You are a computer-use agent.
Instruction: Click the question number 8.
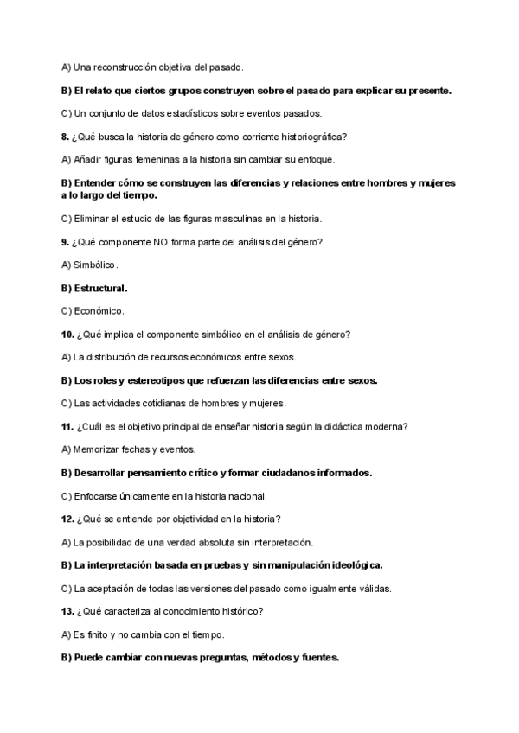(65, 137)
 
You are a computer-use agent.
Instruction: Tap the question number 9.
(65, 241)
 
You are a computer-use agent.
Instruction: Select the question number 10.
(67, 334)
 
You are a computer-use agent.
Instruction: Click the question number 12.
(67, 519)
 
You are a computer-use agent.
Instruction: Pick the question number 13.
(67, 611)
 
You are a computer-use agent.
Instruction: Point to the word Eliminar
(94, 218)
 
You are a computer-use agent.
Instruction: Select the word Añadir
(91, 160)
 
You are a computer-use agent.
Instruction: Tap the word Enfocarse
(99, 496)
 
